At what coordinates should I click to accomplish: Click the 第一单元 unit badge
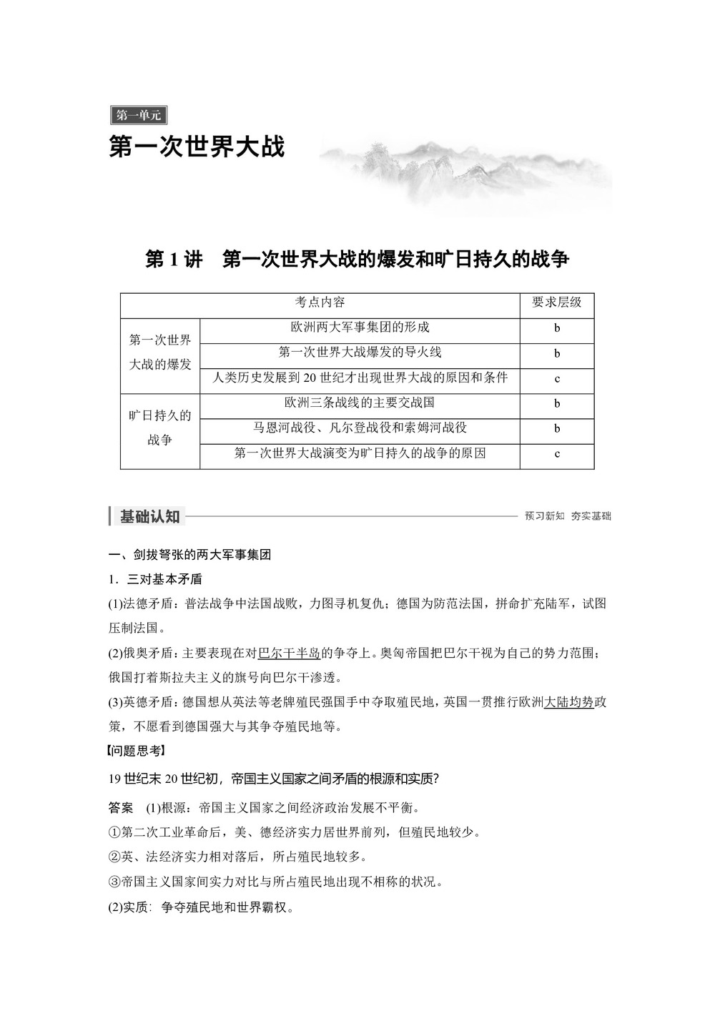pos(139,114)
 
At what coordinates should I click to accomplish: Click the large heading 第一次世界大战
pos(197,147)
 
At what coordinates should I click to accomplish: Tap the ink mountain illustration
pos(465,172)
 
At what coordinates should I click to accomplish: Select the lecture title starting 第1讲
pos(357,259)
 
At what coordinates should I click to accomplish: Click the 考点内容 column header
pos(320,302)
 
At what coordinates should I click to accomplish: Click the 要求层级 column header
pos(556,302)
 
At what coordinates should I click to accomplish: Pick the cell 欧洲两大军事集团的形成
pos(360,327)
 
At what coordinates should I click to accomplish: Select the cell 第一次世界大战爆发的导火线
pos(360,352)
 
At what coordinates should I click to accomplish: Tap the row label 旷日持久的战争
pos(160,428)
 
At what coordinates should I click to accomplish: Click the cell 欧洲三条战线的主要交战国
pos(360,403)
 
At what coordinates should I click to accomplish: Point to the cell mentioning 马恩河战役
pos(360,428)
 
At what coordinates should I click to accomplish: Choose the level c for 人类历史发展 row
pos(557,378)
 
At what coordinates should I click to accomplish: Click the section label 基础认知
pos(149,516)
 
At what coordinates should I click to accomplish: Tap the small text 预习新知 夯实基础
pos(568,516)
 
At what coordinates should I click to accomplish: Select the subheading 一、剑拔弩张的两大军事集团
pos(189,554)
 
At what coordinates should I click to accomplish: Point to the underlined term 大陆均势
pos(569,702)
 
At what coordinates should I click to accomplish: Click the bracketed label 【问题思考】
pos(136,750)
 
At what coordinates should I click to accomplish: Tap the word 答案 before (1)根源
pos(121,808)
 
